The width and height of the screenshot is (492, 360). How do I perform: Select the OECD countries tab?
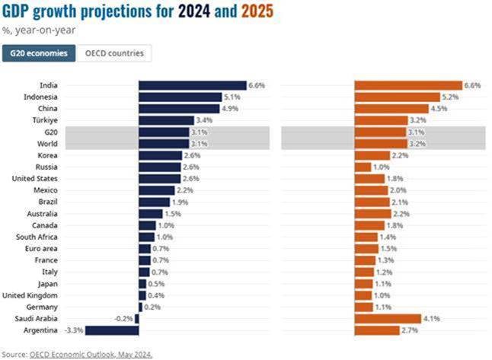pos(114,53)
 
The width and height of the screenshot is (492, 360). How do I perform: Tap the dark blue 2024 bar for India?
pos(192,85)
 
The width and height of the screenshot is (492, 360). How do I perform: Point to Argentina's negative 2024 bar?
pos(113,330)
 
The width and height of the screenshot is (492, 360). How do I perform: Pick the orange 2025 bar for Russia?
pos(363,167)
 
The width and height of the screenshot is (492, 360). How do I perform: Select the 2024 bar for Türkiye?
pos(166,120)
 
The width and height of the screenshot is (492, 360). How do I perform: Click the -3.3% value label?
pos(75,330)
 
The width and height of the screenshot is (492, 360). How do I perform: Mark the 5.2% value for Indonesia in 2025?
pos(451,97)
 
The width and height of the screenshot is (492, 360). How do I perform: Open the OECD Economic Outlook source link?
pos(91,354)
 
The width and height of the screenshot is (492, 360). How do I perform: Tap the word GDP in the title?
pos(18,13)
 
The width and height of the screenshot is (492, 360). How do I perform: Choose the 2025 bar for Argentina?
pos(378,330)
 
